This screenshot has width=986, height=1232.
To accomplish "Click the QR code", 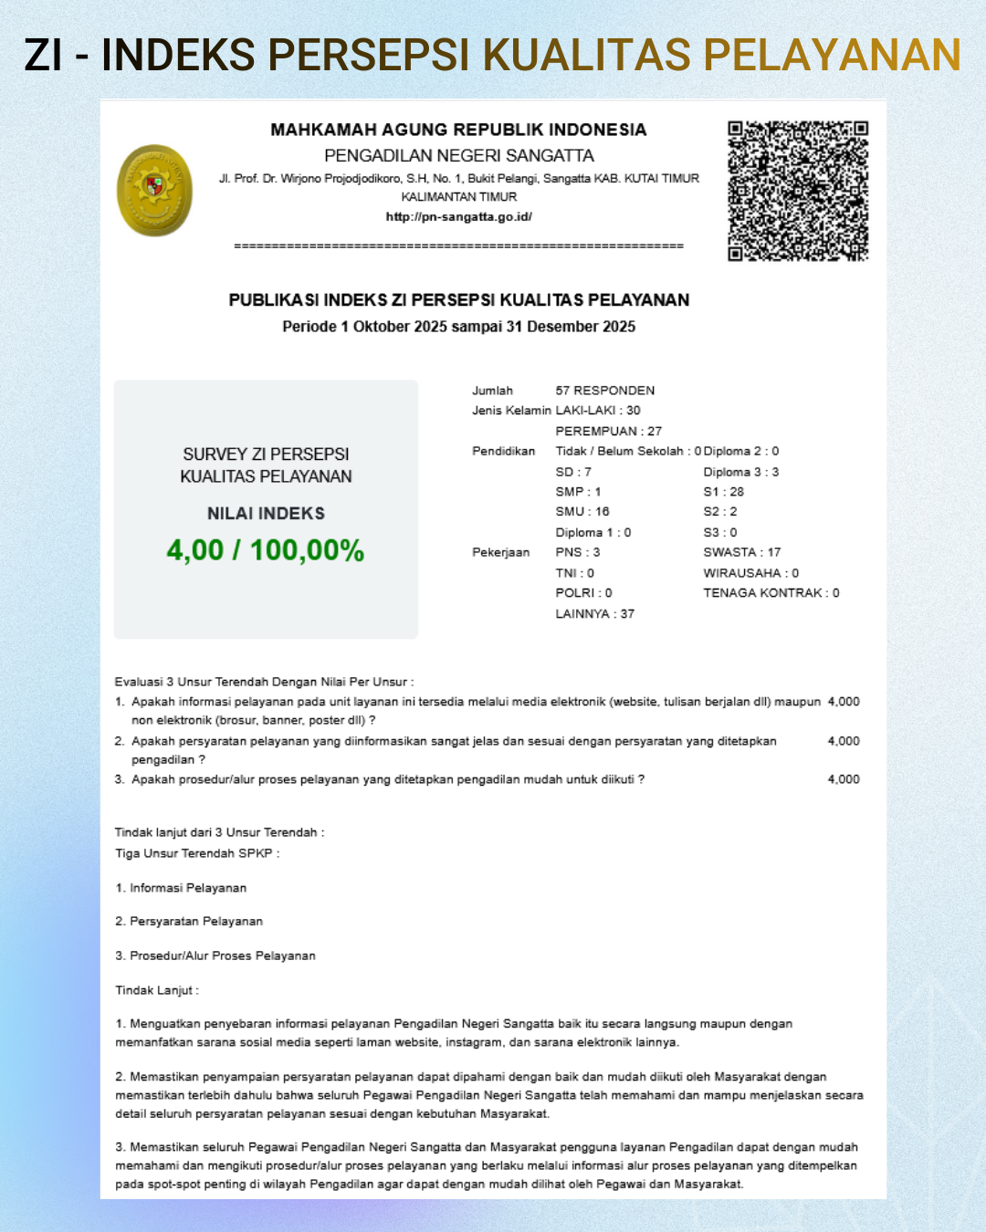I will coord(797,191).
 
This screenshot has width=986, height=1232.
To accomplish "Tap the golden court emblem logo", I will coord(155,190).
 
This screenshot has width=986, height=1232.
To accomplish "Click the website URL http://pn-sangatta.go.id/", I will coord(458,217).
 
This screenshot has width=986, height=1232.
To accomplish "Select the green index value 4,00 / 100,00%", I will coord(266,550).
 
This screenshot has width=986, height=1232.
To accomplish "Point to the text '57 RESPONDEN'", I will coord(604,391).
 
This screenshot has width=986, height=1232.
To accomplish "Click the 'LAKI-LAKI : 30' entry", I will coord(598,411).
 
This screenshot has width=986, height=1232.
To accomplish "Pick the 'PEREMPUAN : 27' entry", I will coord(608,431).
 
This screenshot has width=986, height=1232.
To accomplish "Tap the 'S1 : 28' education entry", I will coord(723,492).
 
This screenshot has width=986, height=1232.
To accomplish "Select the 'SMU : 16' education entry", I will coord(582,512).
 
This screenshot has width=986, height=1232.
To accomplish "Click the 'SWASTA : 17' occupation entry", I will coord(741,552).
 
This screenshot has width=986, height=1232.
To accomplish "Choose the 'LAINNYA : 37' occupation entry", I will coord(594,614).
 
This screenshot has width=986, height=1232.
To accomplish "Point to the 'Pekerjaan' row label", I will coord(500,552).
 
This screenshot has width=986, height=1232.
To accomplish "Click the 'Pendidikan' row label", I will coord(503,451).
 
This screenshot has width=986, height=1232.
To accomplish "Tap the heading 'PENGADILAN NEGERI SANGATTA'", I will coord(458,156).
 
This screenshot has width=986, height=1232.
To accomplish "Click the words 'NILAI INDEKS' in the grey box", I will coord(266,514).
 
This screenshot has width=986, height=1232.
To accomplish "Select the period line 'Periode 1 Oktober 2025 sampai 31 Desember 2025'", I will coord(458,327).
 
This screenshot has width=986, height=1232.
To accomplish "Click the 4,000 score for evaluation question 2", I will coord(844,741).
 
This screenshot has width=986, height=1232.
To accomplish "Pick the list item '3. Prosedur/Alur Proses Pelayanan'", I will coord(215,955).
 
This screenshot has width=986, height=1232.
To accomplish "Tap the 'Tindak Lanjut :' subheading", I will coord(157,990).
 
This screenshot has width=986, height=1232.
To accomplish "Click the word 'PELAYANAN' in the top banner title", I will coord(832,55).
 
